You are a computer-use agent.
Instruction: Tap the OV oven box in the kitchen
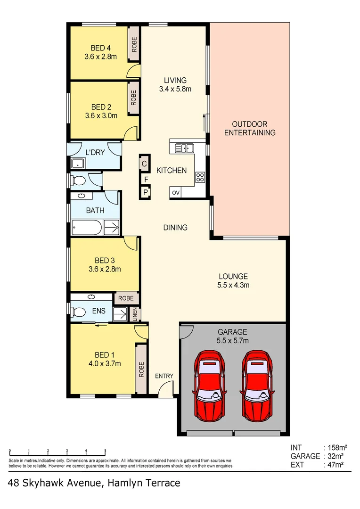(x=176, y=193)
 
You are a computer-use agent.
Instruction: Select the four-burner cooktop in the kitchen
(x=200, y=178)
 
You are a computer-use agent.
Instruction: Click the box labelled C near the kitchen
(x=144, y=164)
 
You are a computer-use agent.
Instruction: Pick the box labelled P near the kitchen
(x=146, y=192)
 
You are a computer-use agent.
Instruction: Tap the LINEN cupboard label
(x=134, y=315)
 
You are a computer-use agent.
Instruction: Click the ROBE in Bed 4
(x=134, y=44)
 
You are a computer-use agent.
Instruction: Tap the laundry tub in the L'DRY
(x=78, y=164)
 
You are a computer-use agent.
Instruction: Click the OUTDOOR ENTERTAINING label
(x=250, y=128)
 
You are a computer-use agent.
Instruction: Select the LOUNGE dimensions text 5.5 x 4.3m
(x=233, y=285)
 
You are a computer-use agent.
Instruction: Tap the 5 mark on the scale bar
(x=105, y=451)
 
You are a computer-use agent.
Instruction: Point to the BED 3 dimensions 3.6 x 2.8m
(x=104, y=269)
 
